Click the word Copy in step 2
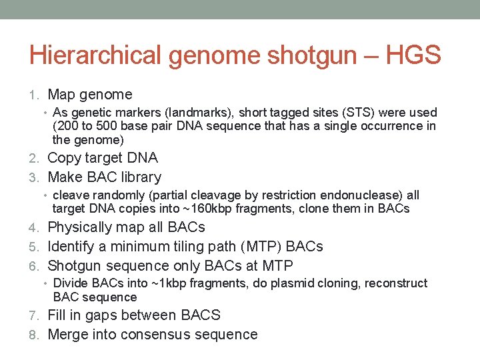[x=65, y=158]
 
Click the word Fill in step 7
[x=58, y=315]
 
